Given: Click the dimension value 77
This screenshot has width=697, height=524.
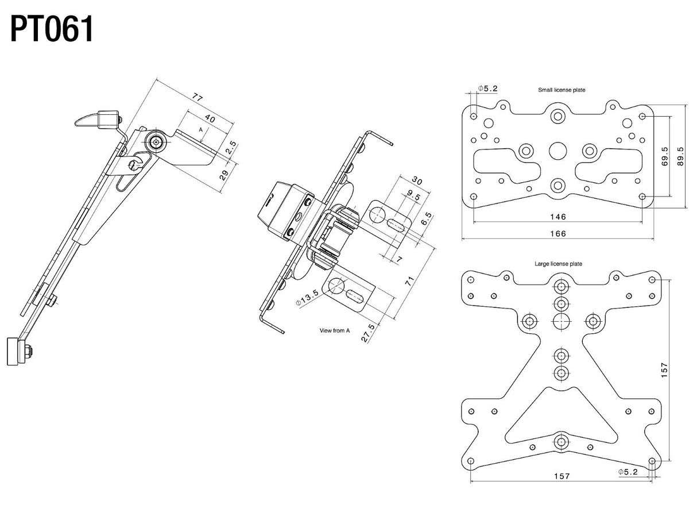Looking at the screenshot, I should (197, 98).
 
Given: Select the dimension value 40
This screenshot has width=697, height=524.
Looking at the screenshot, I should (210, 119).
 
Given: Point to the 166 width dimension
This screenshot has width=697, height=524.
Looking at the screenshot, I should (557, 233).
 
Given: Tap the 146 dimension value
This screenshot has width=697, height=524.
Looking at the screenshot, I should (557, 217).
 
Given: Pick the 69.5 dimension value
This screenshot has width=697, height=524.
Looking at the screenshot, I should (664, 156).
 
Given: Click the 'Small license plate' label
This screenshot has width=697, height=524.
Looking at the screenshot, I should (562, 90).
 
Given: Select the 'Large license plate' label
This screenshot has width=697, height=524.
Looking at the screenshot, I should (558, 264).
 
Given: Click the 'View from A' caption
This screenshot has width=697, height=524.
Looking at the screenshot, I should (335, 330).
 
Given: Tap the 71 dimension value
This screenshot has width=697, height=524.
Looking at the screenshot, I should (409, 282).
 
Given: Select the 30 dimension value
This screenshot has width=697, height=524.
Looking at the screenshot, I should (417, 182).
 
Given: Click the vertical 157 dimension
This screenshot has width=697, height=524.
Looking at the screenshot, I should (664, 369).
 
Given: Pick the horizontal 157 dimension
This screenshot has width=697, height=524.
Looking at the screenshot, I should (561, 476).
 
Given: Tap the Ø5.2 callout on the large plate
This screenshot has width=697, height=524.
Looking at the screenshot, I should (628, 472).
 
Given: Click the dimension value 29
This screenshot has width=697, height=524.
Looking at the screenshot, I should (224, 175).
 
